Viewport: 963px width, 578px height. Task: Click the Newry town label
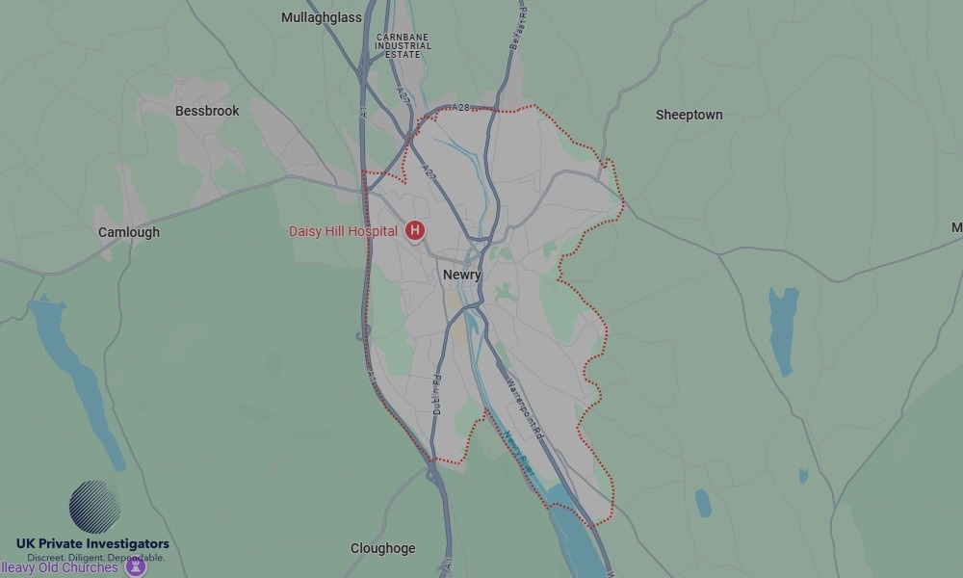[462, 275]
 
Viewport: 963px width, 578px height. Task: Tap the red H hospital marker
[415, 230]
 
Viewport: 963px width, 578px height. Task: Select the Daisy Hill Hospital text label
[343, 231]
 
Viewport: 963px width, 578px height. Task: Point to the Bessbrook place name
[207, 111]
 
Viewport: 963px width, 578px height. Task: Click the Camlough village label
[129, 232]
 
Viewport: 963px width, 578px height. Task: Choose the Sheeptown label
[689, 115]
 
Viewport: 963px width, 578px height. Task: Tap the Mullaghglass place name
[322, 17]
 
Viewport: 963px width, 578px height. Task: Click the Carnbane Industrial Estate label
[403, 45]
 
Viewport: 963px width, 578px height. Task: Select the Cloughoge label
[383, 548]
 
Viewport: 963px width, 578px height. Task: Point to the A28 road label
[460, 108]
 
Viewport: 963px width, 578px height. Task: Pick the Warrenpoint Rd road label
[526, 408]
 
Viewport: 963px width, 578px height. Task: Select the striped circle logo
[94, 507]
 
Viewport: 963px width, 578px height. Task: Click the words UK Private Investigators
[92, 544]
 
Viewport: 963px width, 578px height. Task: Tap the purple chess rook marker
[136, 566]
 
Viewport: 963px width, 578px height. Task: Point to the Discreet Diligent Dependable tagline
[95, 558]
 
